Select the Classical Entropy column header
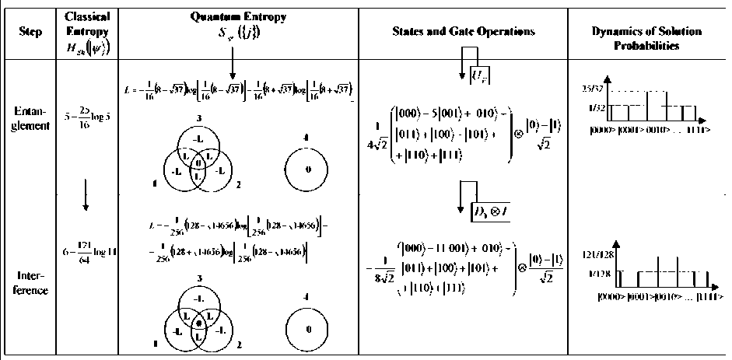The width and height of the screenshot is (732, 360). (x=86, y=32)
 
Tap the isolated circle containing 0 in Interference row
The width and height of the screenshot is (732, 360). (x=308, y=330)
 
